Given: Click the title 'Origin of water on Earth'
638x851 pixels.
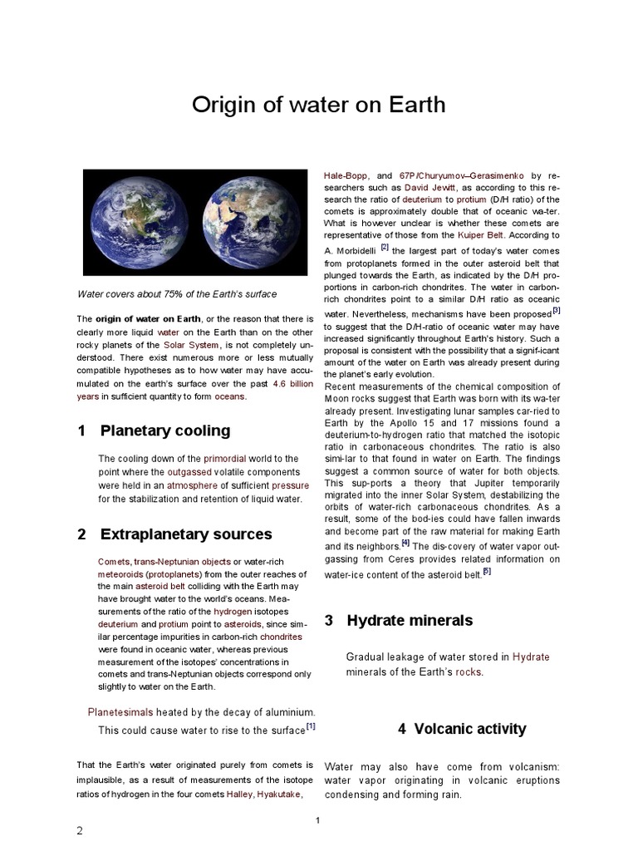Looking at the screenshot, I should click(319, 106).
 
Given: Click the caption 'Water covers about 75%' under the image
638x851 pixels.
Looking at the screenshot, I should click(177, 294).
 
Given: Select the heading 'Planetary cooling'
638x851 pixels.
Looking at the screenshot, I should click(165, 430).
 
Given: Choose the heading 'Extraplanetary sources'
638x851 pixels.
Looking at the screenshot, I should click(186, 534).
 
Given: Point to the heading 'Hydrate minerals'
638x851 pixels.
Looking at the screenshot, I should click(410, 620).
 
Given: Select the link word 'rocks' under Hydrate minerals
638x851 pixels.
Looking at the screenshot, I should click(468, 671).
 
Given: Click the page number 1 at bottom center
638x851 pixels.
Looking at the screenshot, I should click(317, 820).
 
